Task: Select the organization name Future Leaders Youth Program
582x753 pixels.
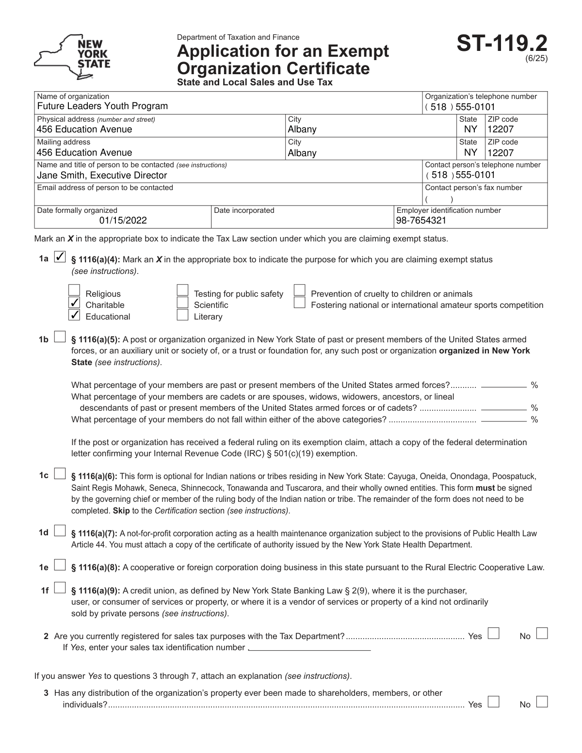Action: click(x=102, y=106)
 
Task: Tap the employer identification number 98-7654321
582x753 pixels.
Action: click(x=421, y=221)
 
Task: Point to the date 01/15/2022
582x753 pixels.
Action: click(x=123, y=221)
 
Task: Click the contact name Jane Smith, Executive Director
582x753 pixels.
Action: click(x=102, y=175)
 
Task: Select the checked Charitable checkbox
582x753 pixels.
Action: click(x=74, y=303)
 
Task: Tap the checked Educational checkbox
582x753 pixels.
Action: click(x=74, y=315)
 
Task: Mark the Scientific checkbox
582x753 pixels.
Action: click(x=182, y=303)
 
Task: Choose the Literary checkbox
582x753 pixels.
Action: click(x=182, y=315)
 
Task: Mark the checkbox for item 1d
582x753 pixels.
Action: click(x=59, y=531)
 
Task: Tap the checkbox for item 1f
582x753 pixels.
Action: click(x=59, y=588)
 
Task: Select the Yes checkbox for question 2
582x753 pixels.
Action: click(x=494, y=634)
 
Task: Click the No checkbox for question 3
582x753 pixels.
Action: click(x=542, y=702)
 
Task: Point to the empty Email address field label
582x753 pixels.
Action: click(x=105, y=188)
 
